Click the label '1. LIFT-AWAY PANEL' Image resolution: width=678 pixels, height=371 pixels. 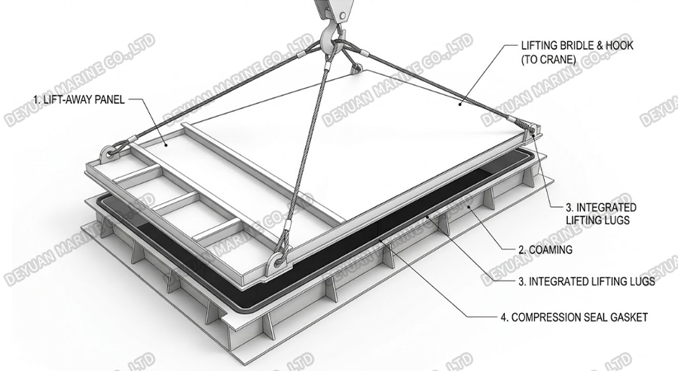click(79, 99)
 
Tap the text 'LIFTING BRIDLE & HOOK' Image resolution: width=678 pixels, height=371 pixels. click(577, 45)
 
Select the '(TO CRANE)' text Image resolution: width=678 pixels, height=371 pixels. click(548, 59)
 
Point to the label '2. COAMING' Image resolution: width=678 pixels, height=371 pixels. click(545, 250)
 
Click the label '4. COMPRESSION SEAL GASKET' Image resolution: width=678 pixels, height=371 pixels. click(574, 317)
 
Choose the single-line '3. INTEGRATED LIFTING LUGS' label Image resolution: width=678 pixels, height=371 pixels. click(586, 281)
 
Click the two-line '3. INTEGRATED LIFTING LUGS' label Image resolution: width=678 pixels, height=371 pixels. click(601, 214)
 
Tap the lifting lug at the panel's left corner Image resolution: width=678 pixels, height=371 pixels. click(110, 154)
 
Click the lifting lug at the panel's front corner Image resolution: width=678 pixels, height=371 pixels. click(276, 262)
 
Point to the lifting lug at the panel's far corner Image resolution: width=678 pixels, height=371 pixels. click(356, 66)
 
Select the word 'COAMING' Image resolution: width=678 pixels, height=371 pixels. click(551, 250)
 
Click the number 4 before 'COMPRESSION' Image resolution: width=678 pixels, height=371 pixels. click(504, 317)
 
